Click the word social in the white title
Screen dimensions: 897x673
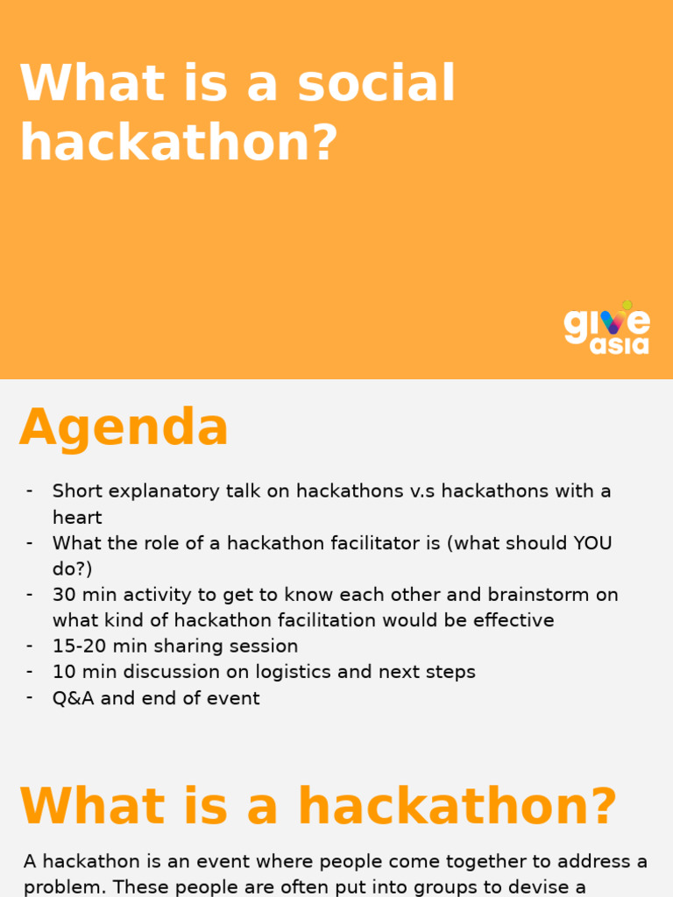(x=376, y=84)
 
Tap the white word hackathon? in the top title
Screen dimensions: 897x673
(x=179, y=142)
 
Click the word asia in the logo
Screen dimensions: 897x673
(x=620, y=345)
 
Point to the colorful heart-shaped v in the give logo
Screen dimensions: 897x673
(x=613, y=321)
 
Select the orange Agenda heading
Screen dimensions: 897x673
(x=124, y=428)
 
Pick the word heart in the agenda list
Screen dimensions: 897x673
(x=77, y=518)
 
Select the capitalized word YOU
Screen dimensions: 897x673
(x=592, y=543)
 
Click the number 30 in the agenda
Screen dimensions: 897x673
(x=64, y=595)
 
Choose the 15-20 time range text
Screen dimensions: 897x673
(x=77, y=646)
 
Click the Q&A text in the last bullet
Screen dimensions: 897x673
(x=73, y=699)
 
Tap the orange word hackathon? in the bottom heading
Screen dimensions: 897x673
(x=457, y=807)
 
